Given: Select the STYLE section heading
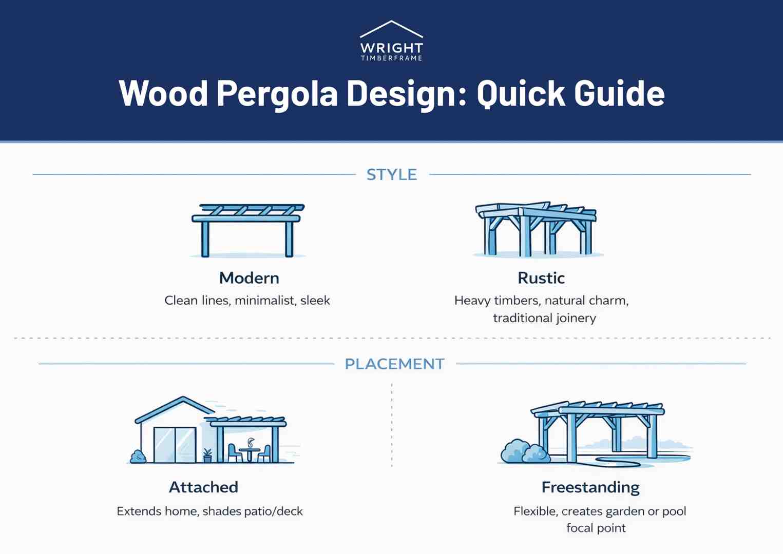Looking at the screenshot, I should click(x=392, y=175).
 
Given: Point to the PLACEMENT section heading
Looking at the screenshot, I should click(x=394, y=364).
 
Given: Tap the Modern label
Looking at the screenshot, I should click(x=249, y=278).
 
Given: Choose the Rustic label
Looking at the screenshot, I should click(x=541, y=278).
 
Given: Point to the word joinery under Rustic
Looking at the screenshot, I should click(x=574, y=318).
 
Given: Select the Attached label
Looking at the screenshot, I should click(x=203, y=487).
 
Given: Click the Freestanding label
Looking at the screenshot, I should click(x=590, y=487).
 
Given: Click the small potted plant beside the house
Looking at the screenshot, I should click(x=207, y=455).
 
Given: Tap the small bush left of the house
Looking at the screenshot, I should click(x=138, y=457).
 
